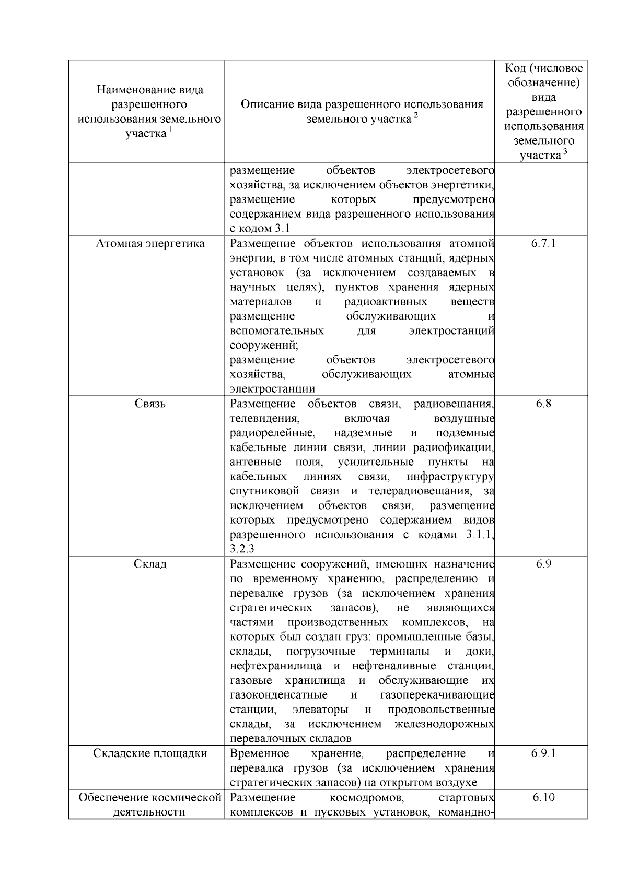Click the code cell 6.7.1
(x=543, y=244)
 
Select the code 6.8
(x=543, y=404)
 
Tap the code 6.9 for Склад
(x=543, y=564)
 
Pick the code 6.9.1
(x=543, y=754)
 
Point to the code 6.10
(x=543, y=798)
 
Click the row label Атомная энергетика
(x=150, y=244)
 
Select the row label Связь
(x=150, y=404)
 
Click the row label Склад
(x=150, y=564)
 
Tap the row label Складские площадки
(x=150, y=754)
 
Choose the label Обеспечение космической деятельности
(x=150, y=805)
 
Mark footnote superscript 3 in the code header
(x=565, y=152)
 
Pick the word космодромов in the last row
(x=369, y=798)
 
